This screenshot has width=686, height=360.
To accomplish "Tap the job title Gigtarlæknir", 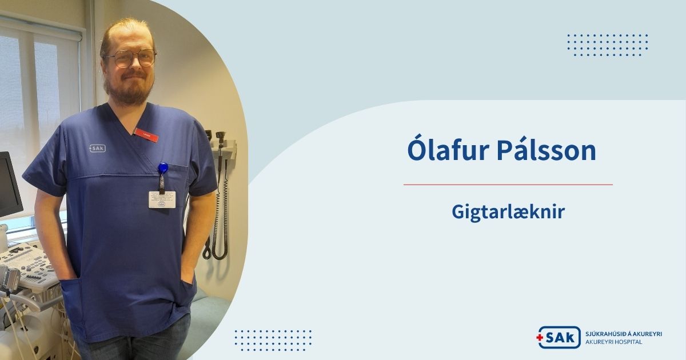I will coord(508,212).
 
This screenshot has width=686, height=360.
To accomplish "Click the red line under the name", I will coord(508,185).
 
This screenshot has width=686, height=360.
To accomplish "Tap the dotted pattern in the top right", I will coord(607,45).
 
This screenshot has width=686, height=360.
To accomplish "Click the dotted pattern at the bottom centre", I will coord(273,339).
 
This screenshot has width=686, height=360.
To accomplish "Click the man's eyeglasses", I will coord(131,58).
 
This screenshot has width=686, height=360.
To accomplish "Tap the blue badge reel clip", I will coord(163,169).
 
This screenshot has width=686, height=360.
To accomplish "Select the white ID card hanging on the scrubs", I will coord(162,199).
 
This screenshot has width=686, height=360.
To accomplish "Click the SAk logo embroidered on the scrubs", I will coord(97,148).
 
